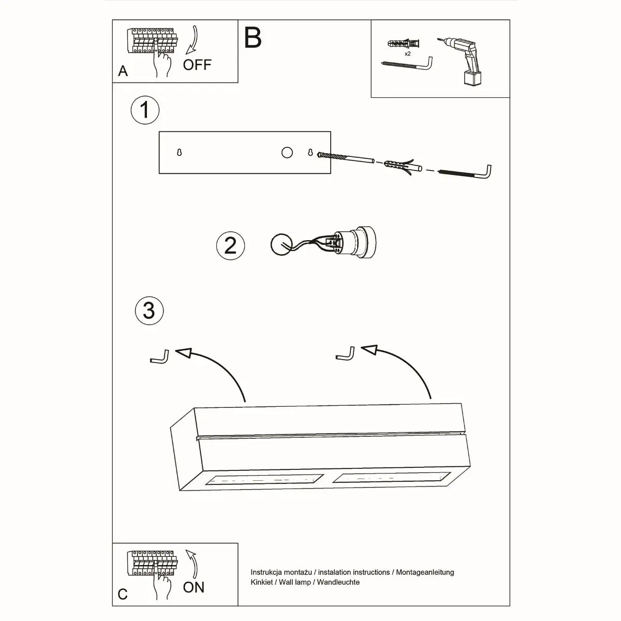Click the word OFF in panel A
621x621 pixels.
pyautogui.click(x=197, y=65)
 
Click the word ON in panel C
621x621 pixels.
pyautogui.click(x=194, y=587)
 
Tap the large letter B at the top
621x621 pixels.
pyautogui.click(x=253, y=37)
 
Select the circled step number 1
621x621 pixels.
pyautogui.click(x=145, y=110)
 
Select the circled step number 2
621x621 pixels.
pyautogui.click(x=230, y=245)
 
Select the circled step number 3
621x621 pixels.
pyautogui.click(x=149, y=310)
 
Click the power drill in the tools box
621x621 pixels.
pyautogui.click(x=463, y=61)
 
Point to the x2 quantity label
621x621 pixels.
pyautogui.click(x=408, y=53)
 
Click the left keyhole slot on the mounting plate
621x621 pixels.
pyautogui.click(x=179, y=153)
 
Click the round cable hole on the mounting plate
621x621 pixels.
pyautogui.click(x=287, y=152)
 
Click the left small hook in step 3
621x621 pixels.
pyautogui.click(x=159, y=357)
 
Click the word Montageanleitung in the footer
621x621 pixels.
pyautogui.click(x=425, y=572)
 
